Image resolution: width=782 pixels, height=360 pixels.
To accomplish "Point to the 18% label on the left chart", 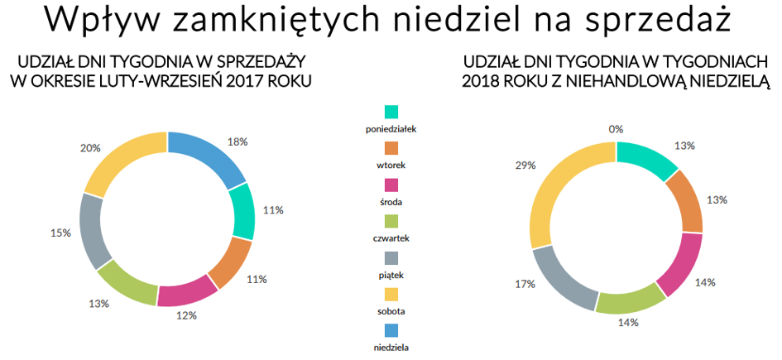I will pos(237,142).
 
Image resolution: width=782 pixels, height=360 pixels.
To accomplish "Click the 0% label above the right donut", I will pos(616,129).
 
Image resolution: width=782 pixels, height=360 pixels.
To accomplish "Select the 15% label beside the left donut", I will pos(60,233).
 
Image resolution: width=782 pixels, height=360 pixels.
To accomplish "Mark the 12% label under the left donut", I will pos(185,315).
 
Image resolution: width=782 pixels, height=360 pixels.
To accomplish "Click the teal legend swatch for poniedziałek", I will pos(391,112).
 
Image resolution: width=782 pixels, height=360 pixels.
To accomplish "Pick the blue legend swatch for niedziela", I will pos(391,330).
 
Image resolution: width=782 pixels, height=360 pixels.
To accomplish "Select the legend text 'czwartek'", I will pos(391,238).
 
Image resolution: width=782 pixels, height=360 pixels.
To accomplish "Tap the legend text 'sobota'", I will pos(391,311).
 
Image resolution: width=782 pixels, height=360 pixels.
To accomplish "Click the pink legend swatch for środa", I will pos(391,185).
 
